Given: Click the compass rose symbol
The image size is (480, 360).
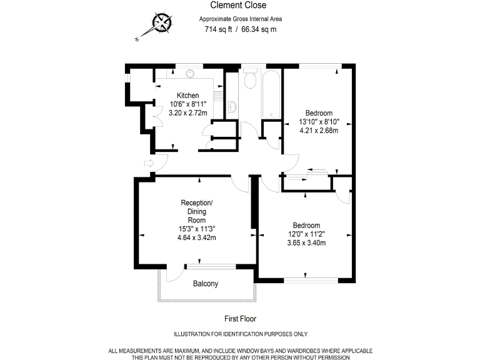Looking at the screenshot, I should coord(162,24).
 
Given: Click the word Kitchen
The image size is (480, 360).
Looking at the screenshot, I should coord(187,96).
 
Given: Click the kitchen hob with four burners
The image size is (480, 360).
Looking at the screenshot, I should coord(218,96).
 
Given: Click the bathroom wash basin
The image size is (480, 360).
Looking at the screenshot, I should coord(232,107).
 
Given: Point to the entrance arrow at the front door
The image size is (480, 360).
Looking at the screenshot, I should coord(149,163).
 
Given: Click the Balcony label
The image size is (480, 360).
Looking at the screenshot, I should coord(206,284).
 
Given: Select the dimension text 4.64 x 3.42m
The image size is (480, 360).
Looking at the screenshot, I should coord(197,238).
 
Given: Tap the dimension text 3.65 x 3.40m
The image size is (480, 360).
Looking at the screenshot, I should coord(306,243).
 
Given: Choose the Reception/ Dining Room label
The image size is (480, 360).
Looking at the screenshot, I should coord(197,211).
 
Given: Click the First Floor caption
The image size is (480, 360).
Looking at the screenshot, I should coord(240,318).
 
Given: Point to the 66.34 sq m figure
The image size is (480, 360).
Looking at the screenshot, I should coord(258,29).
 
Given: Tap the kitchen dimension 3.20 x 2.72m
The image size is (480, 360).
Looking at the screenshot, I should coord(188,113).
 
